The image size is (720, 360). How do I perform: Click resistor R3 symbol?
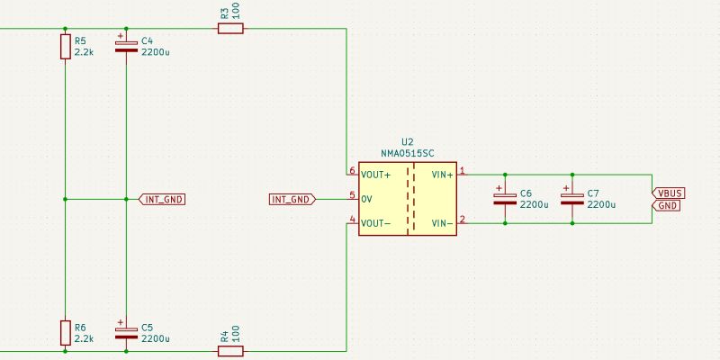click(230, 29)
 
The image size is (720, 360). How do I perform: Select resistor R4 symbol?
click(230, 350)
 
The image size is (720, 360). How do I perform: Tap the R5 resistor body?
click(66, 47)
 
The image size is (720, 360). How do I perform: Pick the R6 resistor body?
click(66, 332)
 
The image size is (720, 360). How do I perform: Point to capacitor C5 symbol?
click(126, 332)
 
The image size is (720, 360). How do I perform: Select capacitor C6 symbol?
click(505, 198)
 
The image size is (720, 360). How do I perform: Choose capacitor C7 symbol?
click(571, 198)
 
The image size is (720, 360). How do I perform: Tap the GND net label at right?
click(667, 206)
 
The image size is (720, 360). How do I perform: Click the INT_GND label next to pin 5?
click(292, 199)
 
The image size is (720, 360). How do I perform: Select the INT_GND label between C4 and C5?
click(163, 199)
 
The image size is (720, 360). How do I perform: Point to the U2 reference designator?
click(407, 142)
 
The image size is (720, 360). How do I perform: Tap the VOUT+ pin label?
click(376, 174)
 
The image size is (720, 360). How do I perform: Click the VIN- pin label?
click(442, 223)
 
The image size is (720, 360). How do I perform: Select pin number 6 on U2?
click(352, 170)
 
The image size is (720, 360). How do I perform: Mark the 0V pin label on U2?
click(366, 199)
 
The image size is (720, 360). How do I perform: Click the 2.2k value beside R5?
click(84, 52)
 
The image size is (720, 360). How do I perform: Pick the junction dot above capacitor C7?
click(571, 174)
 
